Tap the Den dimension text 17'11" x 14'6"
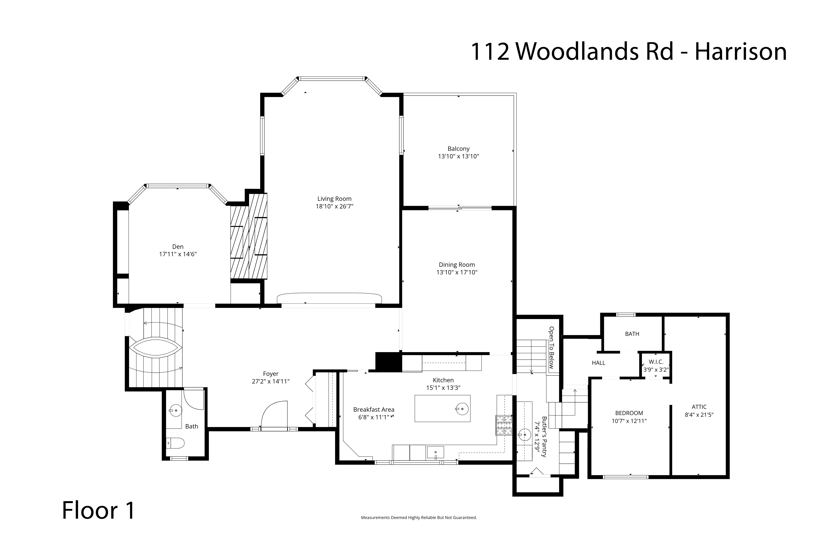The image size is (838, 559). (178, 254)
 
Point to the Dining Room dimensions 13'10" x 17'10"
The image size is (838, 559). (457, 272)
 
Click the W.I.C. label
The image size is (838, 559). (656, 362)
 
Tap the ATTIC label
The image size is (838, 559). (699, 407)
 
